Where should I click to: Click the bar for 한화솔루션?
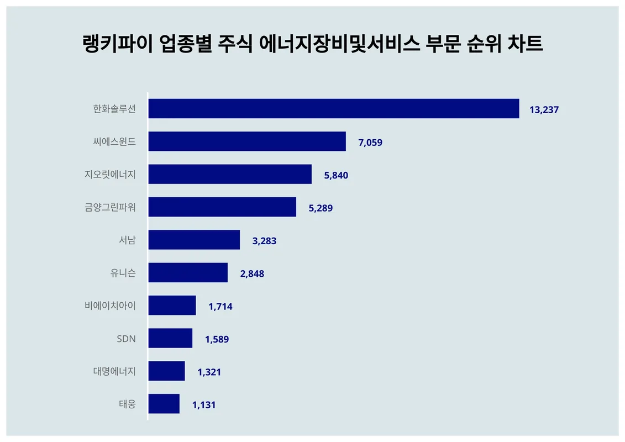(x=334, y=109)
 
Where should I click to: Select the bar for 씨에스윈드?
(x=247, y=141)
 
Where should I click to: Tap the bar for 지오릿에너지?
(x=230, y=174)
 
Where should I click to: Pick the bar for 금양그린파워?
(x=222, y=207)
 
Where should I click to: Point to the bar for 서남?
(x=194, y=240)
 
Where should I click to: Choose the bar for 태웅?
(x=164, y=404)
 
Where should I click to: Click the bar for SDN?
(x=170, y=338)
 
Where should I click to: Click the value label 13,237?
(x=544, y=109)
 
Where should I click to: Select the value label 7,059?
(x=370, y=143)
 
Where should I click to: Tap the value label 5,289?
(x=321, y=208)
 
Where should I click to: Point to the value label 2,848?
(x=252, y=273)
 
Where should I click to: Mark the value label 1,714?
(x=220, y=307)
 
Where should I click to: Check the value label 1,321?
(x=209, y=372)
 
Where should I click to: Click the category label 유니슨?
(x=123, y=272)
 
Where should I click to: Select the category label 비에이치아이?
(x=110, y=305)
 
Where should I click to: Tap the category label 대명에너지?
(x=114, y=371)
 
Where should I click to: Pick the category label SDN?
(x=125, y=338)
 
